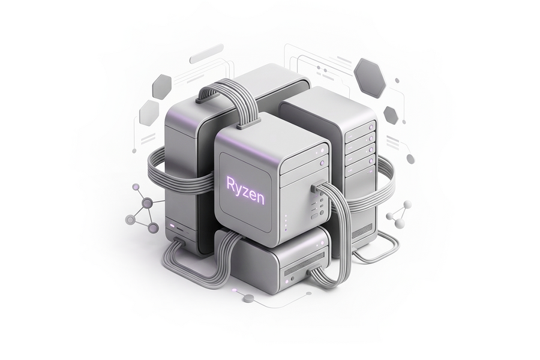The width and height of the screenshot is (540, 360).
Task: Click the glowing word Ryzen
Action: pyautogui.click(x=245, y=190)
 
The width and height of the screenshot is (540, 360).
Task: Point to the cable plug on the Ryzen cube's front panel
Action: pyautogui.click(x=316, y=187)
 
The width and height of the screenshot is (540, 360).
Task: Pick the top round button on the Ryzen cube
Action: pyautogui.click(x=323, y=151)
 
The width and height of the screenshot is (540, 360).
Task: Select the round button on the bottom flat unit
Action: pyautogui.click(x=293, y=278)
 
